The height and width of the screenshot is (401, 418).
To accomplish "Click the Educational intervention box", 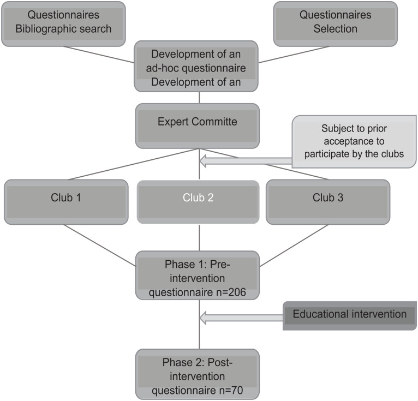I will [349, 315].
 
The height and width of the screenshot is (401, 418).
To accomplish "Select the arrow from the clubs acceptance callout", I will [246, 160].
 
